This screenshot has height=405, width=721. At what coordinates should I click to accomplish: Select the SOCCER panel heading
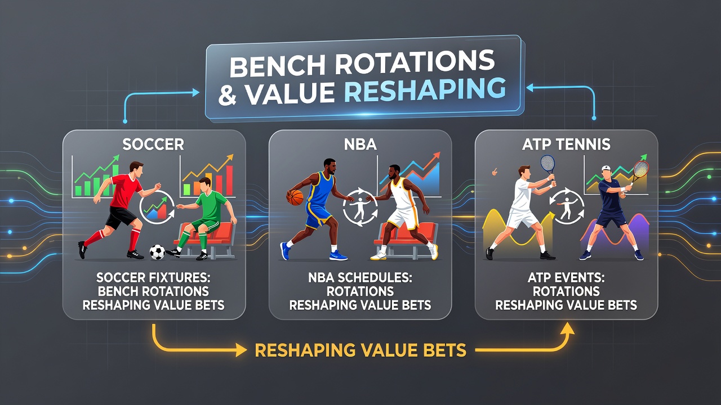click(153, 145)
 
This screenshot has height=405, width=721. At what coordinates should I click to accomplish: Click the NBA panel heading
click(360, 145)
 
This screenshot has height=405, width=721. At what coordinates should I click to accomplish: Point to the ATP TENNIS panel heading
click(566, 145)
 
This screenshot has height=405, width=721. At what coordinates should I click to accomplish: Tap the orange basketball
click(295, 197)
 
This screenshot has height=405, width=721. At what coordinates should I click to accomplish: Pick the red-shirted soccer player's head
click(137, 169)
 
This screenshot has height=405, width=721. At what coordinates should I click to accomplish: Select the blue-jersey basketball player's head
click(330, 166)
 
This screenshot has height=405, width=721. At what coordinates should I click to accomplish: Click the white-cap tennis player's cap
click(606, 168)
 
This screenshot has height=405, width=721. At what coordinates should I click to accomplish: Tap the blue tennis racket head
click(548, 163)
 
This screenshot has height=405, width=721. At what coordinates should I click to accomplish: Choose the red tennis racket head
click(641, 169)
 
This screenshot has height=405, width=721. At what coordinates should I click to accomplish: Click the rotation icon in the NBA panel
click(360, 208)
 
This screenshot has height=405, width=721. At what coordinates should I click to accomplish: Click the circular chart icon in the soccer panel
click(157, 208)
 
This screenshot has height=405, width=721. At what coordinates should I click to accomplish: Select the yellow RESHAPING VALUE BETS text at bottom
click(360, 350)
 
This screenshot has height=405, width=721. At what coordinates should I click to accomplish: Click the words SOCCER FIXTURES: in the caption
click(153, 277)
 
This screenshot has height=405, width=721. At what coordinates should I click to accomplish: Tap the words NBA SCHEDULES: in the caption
click(360, 277)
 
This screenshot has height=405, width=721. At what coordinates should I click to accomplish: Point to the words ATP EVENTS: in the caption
click(566, 277)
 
